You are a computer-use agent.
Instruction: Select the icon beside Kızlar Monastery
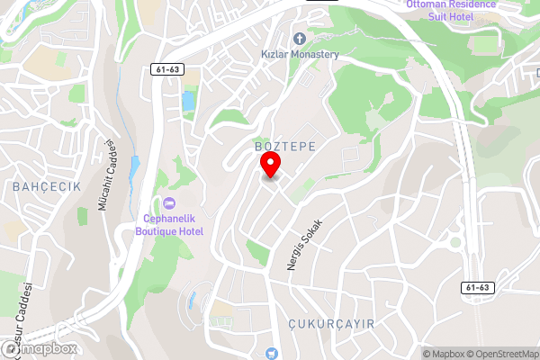(x=299, y=38)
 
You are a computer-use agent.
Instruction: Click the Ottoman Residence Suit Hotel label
(x=451, y=10)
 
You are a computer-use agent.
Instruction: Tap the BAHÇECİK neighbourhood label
(x=47, y=186)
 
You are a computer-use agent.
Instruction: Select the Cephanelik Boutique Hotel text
(x=169, y=225)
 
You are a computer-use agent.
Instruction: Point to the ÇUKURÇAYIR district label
(x=331, y=322)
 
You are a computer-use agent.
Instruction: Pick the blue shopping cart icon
(x=271, y=354)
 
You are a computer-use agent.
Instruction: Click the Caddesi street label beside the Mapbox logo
(x=23, y=306)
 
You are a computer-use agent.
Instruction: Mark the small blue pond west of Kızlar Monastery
(x=188, y=101)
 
